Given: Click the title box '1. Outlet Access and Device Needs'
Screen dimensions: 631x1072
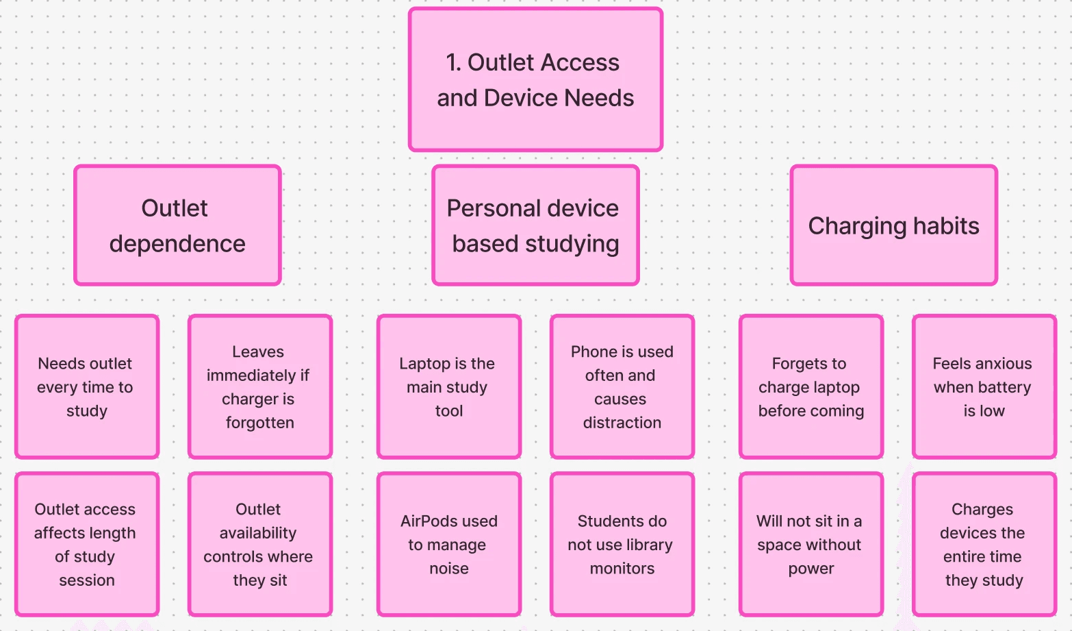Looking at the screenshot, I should (535, 79).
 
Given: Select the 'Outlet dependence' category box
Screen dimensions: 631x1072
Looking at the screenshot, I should (177, 225).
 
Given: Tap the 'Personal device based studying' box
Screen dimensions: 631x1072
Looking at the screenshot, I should (535, 225).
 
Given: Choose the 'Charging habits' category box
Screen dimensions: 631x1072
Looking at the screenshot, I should (893, 225).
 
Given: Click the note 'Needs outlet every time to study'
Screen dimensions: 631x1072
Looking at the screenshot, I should (87, 386).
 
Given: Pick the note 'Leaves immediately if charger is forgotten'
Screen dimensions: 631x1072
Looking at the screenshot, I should (260, 386).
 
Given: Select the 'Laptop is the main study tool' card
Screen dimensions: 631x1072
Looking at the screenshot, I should (449, 386).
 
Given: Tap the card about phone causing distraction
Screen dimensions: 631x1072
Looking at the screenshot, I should (622, 386).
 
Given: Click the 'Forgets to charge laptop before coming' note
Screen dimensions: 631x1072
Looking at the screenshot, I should (811, 386).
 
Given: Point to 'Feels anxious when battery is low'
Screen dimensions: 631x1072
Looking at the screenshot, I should (984, 386).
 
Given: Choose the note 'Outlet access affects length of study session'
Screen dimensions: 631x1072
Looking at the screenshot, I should (87, 544).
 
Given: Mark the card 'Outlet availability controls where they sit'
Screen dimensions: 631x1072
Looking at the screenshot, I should (260, 544).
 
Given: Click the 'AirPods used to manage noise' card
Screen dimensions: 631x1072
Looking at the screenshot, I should (449, 544).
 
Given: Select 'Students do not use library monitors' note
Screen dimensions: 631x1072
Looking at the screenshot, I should (622, 544).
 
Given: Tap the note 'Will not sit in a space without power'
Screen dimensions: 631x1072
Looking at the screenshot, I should (811, 544).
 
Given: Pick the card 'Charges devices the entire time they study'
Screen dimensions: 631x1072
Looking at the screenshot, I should (984, 544).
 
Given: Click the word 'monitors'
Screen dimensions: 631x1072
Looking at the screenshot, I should (622, 569).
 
